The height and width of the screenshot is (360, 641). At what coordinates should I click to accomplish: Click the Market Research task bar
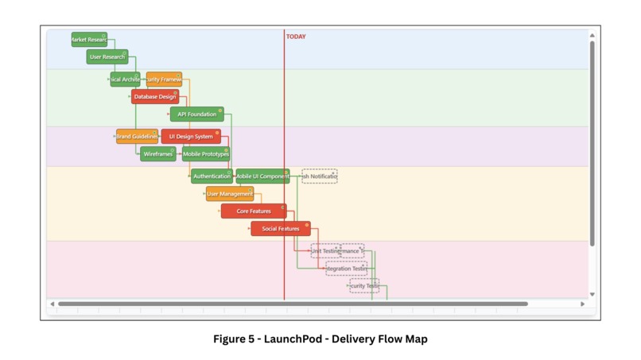tap(89, 40)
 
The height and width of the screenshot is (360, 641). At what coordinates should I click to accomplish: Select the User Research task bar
tap(107, 57)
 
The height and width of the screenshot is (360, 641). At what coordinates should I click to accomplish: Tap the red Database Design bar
tap(154, 97)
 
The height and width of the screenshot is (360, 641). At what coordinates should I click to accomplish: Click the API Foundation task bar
tap(196, 114)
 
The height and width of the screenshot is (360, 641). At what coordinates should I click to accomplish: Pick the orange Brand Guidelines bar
tap(137, 137)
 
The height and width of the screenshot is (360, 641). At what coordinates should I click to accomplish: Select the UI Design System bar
tap(191, 137)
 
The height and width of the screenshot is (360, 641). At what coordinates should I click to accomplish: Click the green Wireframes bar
tap(157, 154)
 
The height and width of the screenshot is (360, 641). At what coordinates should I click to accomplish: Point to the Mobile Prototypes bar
tap(206, 154)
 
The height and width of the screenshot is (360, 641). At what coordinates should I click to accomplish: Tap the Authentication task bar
tap(212, 176)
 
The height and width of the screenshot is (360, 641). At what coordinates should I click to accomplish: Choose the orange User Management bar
tap(230, 194)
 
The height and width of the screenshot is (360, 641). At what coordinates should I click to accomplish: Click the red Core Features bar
tap(254, 211)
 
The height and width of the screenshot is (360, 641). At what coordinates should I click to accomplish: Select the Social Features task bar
tap(281, 229)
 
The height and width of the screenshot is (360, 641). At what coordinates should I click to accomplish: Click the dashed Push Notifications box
tap(320, 176)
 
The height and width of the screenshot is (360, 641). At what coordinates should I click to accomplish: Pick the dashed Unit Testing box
tap(324, 251)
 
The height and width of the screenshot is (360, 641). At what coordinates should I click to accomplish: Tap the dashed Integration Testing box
tap(347, 269)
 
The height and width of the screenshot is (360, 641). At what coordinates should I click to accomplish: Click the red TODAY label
tap(296, 37)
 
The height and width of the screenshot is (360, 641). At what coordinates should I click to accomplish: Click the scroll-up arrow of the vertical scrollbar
tap(592, 36)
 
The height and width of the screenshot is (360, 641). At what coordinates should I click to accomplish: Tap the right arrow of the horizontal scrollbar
tap(582, 304)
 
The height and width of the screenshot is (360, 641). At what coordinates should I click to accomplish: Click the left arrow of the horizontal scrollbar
tap(52, 304)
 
